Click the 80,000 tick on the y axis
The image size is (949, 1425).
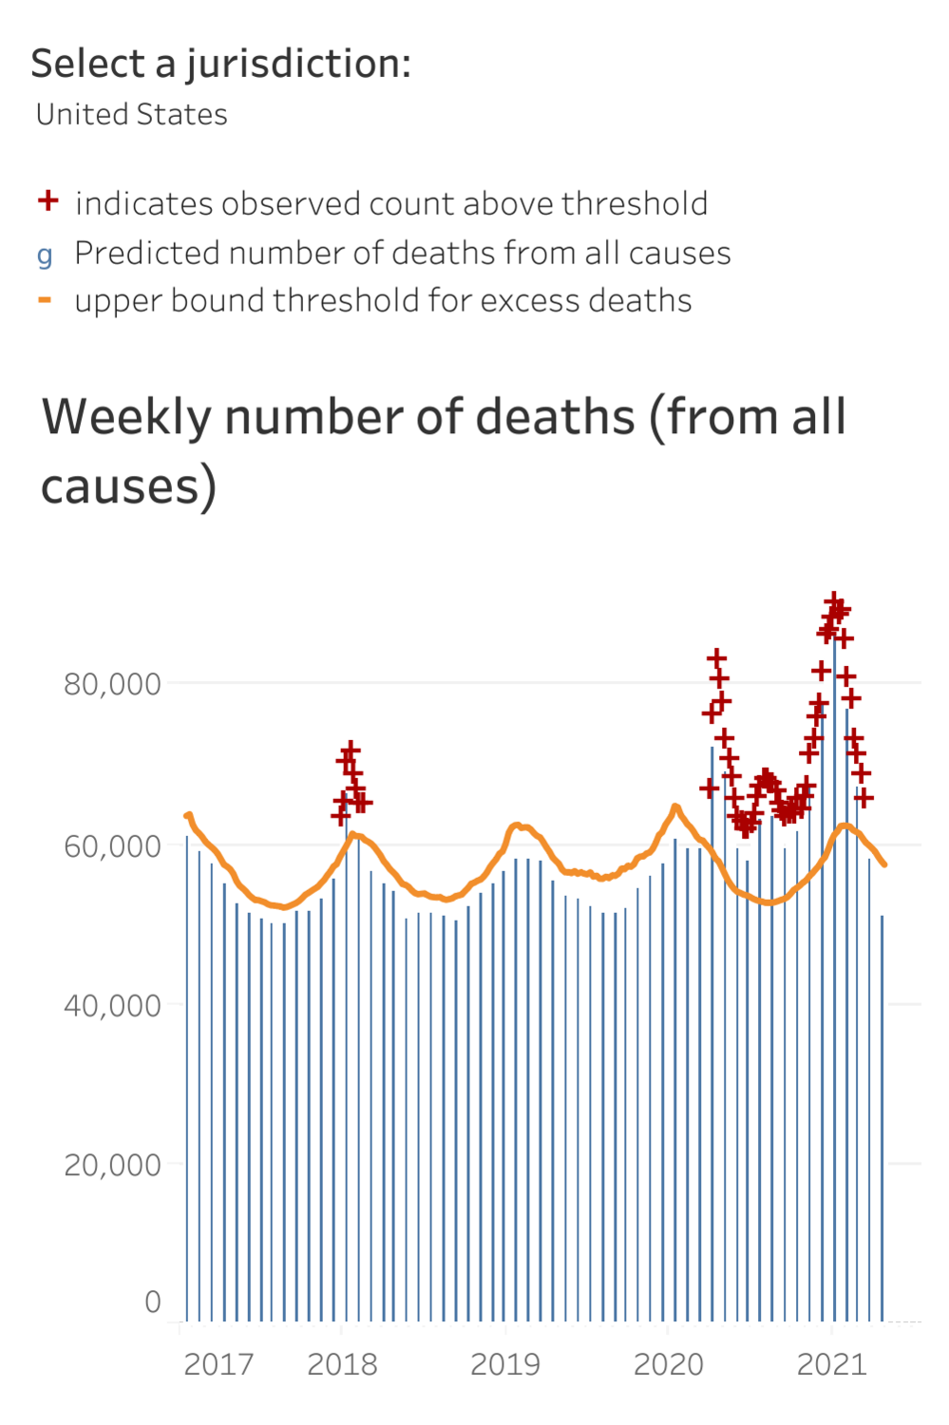coord(112,684)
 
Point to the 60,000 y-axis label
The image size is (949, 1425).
coord(112,846)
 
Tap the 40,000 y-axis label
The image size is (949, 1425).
coord(112,1006)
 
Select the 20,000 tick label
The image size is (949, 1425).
coord(112,1166)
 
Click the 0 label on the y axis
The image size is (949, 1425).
coord(152,1301)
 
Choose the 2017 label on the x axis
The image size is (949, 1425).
coord(218,1365)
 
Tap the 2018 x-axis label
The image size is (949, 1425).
coord(342,1365)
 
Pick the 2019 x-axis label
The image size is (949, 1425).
coord(505,1365)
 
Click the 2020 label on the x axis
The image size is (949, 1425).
coord(669,1365)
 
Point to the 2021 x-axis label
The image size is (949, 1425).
coord(832,1365)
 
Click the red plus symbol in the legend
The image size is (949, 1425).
coord(47,201)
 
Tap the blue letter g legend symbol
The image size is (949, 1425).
coord(45,255)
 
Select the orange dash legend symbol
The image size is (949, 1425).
coord(45,300)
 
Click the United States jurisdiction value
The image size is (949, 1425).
coord(132,115)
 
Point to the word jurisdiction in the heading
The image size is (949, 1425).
coord(297,65)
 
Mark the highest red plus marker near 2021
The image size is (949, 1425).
coord(833,600)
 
